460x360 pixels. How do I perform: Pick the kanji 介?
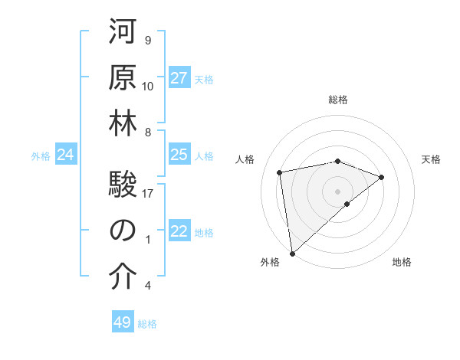(123, 278)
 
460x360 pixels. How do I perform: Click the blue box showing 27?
(179, 78)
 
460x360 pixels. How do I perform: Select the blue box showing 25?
(179, 155)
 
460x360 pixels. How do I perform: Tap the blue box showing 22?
(179, 232)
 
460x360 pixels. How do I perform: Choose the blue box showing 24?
(66, 155)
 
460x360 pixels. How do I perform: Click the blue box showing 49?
(123, 322)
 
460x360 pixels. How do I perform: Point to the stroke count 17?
(149, 194)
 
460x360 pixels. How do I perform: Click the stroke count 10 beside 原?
(149, 86)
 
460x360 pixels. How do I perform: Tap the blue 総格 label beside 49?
(147, 324)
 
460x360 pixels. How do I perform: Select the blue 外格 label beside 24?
(41, 156)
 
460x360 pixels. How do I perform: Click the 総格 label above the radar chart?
(338, 100)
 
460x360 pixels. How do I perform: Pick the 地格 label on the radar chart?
(402, 262)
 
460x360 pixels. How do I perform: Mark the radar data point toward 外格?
(292, 253)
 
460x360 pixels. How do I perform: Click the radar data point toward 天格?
(381, 177)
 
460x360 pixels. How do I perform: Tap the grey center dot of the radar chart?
(337, 190)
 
